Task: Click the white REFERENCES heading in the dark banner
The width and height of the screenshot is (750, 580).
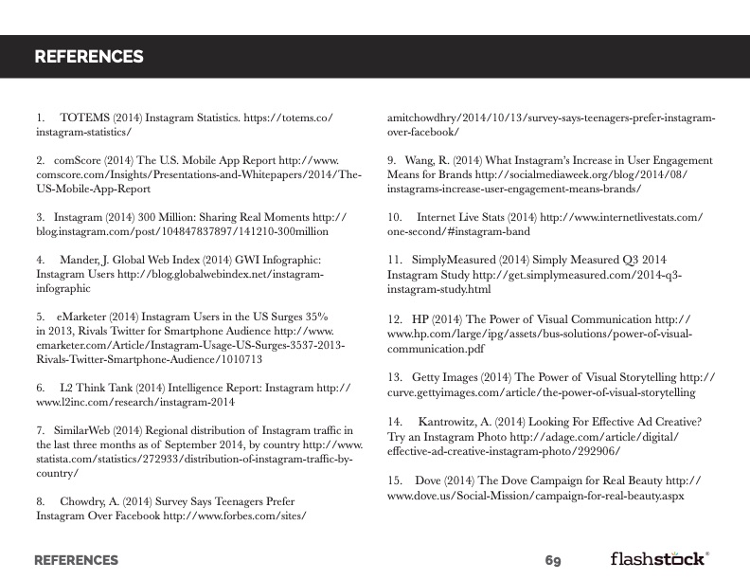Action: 89,57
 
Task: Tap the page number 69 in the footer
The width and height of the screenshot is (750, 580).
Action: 553,560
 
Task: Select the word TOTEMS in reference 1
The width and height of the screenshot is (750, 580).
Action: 86,118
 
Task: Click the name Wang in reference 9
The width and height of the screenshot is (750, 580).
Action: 420,161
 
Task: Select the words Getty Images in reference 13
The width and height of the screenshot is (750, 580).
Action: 445,377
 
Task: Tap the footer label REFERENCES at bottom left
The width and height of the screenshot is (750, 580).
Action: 76,560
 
